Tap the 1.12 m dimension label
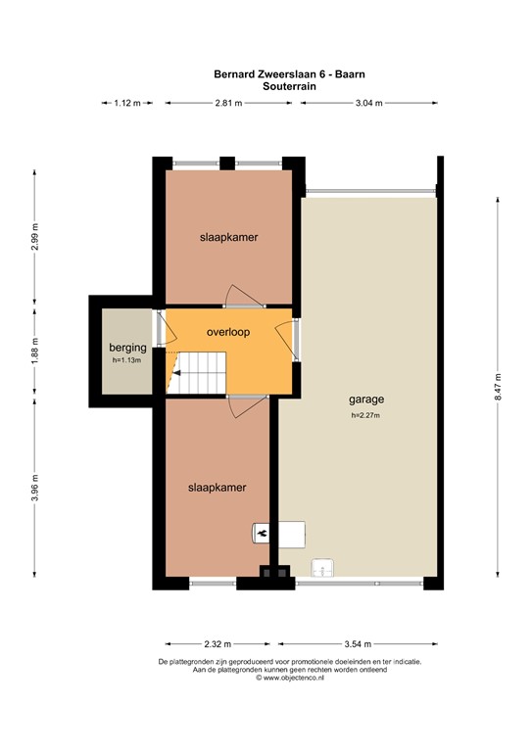[127, 103]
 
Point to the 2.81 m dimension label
[231, 103]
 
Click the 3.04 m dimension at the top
[367, 103]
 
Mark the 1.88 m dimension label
[35, 352]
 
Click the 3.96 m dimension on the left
[35, 487]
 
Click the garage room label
[365, 399]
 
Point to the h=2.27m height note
[365, 415]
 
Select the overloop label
[228, 332]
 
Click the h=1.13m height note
[127, 359]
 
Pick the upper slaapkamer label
[228, 237]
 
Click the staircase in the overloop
[200, 372]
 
